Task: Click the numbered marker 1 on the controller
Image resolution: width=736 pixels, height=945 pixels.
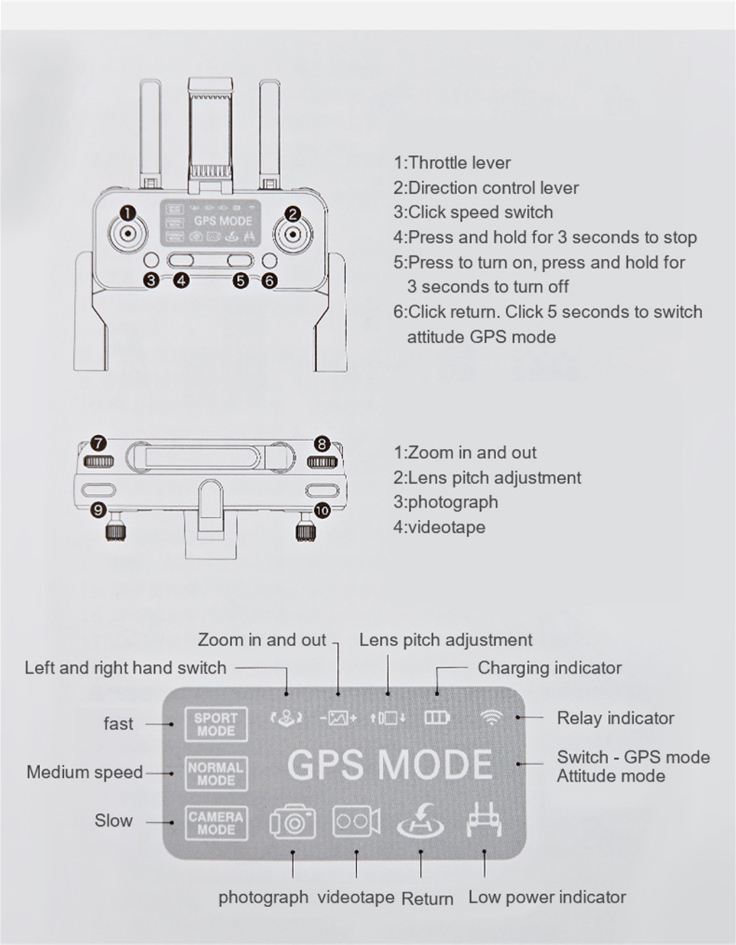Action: pyautogui.click(x=128, y=213)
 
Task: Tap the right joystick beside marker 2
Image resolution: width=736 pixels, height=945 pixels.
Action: pyautogui.click(x=293, y=235)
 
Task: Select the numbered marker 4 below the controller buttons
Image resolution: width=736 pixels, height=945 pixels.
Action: pyautogui.click(x=181, y=280)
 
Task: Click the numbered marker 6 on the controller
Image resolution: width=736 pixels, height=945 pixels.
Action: pyautogui.click(x=269, y=280)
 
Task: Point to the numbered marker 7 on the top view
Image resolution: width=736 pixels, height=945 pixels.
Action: pyautogui.click(x=98, y=443)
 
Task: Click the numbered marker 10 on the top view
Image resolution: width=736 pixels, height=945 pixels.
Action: pyautogui.click(x=322, y=510)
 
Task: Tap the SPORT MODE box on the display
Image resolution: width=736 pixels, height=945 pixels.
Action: pyautogui.click(x=216, y=724)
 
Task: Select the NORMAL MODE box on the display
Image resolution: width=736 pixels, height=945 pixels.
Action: pyautogui.click(x=216, y=774)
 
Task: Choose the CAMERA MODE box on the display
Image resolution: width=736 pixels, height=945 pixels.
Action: pyautogui.click(x=216, y=823)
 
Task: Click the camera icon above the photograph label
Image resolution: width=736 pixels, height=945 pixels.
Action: pyautogui.click(x=292, y=822)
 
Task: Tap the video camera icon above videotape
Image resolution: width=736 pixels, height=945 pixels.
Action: pyautogui.click(x=356, y=822)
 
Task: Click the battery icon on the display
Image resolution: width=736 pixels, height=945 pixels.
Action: pyautogui.click(x=437, y=718)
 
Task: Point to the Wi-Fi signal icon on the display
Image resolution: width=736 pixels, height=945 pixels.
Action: pyautogui.click(x=491, y=718)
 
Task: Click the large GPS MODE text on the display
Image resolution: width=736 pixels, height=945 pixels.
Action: pyautogui.click(x=389, y=764)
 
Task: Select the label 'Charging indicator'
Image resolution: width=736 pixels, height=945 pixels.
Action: pyautogui.click(x=549, y=668)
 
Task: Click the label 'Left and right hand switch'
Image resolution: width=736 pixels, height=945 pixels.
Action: pyautogui.click(x=125, y=668)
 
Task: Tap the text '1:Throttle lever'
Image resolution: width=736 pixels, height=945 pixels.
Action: pyautogui.click(x=452, y=163)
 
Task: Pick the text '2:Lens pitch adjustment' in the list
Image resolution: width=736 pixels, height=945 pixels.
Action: pyautogui.click(x=487, y=477)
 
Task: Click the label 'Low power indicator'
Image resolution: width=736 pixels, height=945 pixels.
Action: pyautogui.click(x=547, y=897)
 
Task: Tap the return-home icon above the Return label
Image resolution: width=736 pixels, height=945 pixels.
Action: pyautogui.click(x=421, y=822)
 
